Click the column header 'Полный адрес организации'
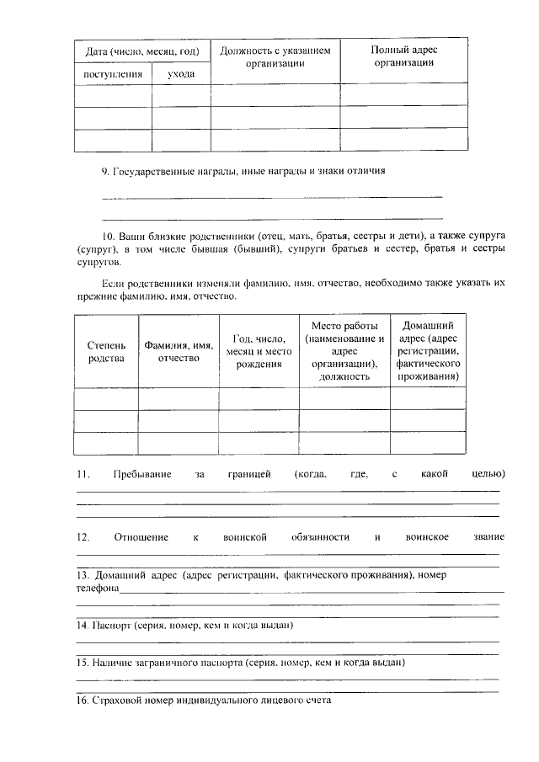point(404,57)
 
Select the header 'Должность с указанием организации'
point(275,57)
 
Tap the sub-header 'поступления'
point(113,74)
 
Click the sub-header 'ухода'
point(181,74)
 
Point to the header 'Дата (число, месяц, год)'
point(142,52)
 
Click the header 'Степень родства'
point(106,352)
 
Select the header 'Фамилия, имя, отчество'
point(178,352)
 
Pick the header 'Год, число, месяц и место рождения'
point(259,351)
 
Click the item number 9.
point(106,171)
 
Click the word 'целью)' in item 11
point(488,475)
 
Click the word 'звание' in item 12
point(489,537)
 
